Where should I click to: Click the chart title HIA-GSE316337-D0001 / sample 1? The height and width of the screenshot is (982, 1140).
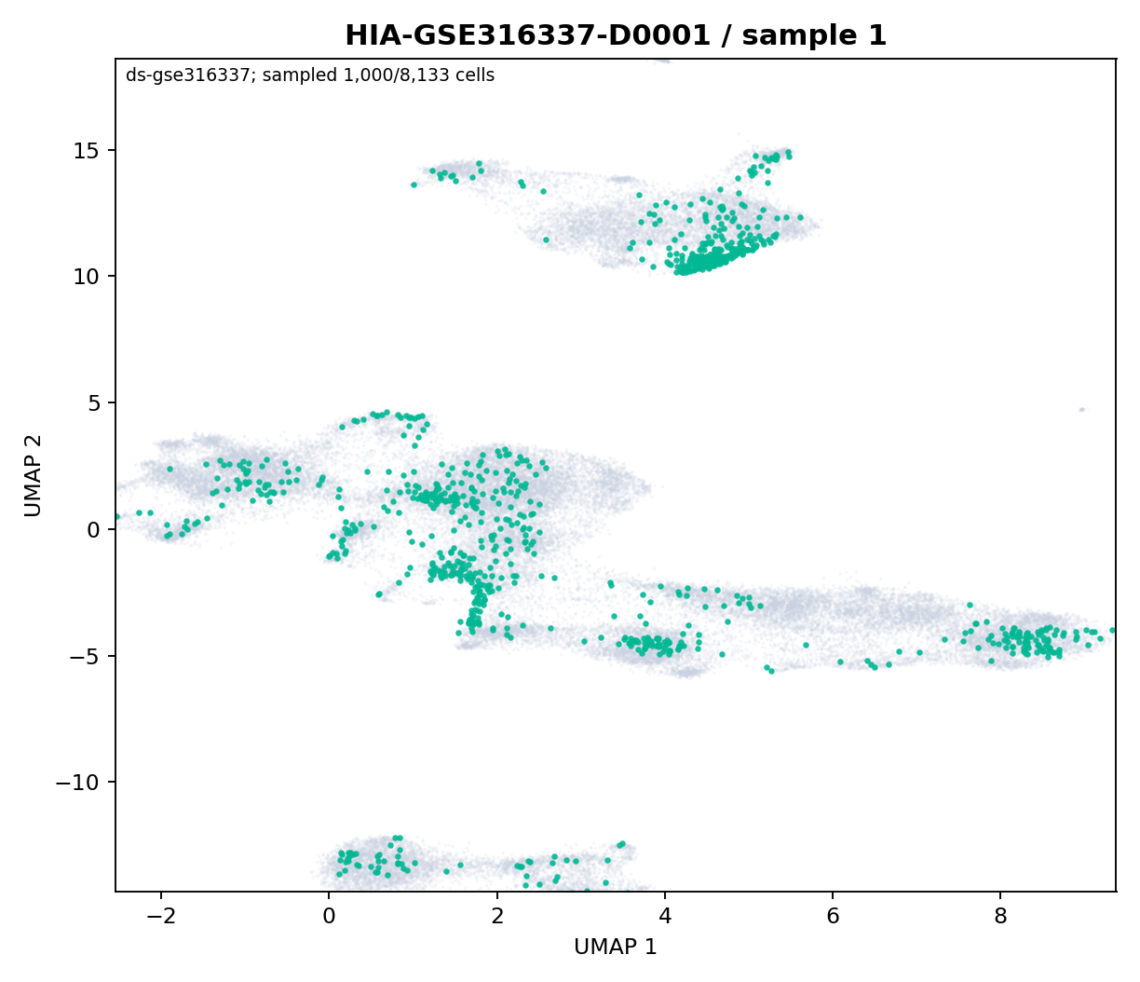click(616, 35)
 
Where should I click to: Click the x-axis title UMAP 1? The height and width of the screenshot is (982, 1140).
click(616, 947)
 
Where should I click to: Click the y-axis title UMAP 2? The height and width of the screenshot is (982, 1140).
click(34, 475)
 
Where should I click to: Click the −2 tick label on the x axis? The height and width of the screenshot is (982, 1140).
click(161, 917)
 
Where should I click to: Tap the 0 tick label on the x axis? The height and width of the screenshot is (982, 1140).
click(330, 917)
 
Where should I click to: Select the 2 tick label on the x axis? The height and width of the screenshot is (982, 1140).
click(497, 917)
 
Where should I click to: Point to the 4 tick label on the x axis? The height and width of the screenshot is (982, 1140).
click(665, 917)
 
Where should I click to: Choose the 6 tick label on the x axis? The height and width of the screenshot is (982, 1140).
click(833, 917)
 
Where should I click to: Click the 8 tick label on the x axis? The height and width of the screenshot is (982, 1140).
click(1000, 917)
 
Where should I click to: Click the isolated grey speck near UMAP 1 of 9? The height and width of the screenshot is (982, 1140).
click(1081, 409)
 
